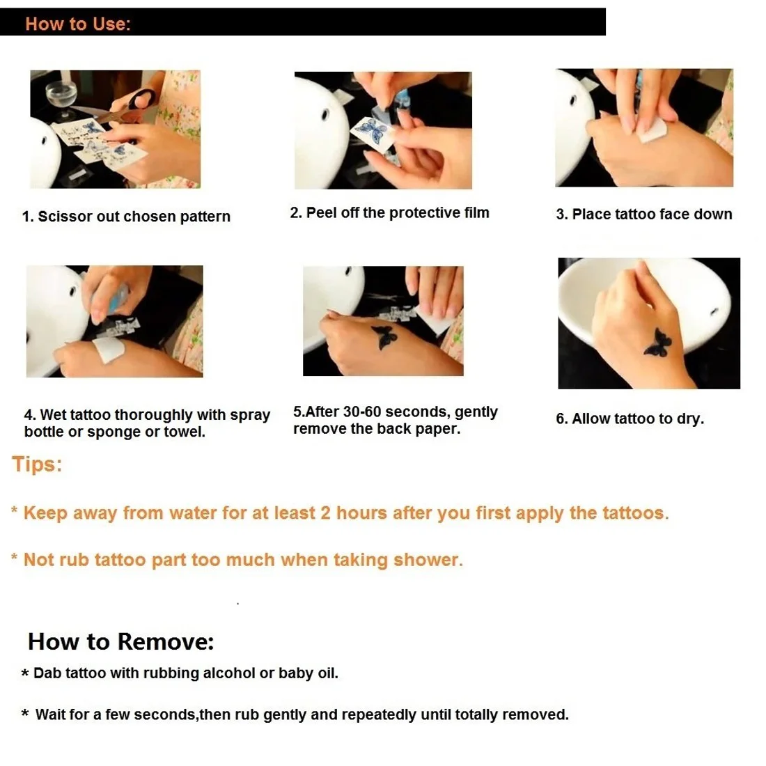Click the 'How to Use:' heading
coord(78,24)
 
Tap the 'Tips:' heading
coord(37,464)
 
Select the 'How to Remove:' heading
coord(120,641)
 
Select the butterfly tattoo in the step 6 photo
coord(657,343)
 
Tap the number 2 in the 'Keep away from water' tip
coord(325,513)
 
